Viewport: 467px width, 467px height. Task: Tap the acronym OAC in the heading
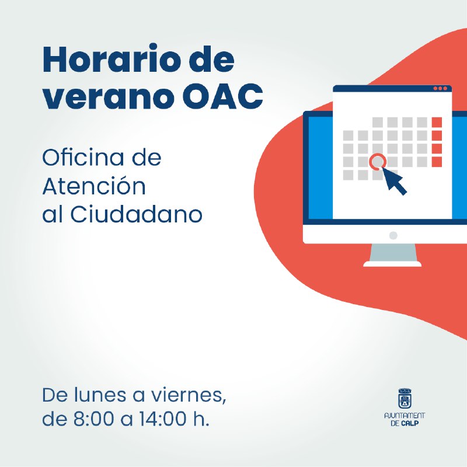[x=223, y=96]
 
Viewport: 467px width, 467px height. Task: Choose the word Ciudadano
[x=137, y=214]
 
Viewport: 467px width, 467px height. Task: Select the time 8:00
[x=93, y=419]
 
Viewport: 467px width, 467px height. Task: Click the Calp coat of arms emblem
[x=405, y=399]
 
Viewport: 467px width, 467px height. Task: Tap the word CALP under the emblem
[x=410, y=423]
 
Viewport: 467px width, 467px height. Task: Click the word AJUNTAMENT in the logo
[x=405, y=416]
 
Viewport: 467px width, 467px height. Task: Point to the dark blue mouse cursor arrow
[x=393, y=180]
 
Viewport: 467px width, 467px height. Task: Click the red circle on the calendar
[x=378, y=162]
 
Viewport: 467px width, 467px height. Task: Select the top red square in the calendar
[x=437, y=122]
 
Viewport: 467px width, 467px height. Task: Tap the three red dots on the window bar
[x=440, y=89]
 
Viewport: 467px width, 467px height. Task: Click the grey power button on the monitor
[x=393, y=235]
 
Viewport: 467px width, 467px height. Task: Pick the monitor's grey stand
[x=392, y=255]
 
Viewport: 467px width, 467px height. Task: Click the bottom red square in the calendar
[x=437, y=162]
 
